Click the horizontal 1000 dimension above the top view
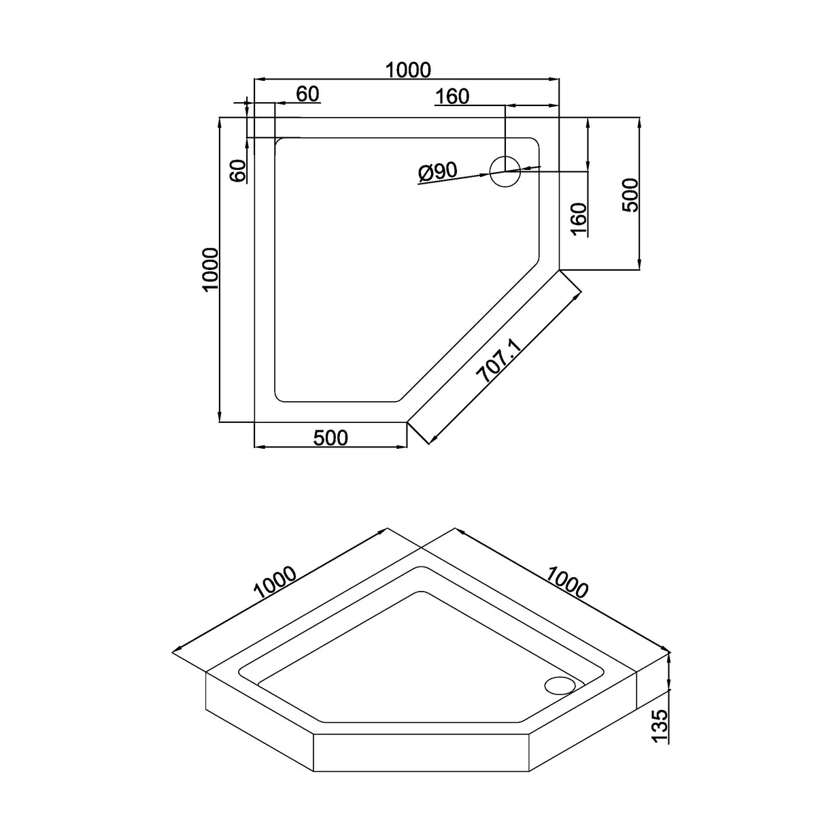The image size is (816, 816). coord(408,70)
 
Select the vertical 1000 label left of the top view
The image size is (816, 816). coord(210,269)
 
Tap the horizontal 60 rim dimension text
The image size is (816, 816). coord(307,94)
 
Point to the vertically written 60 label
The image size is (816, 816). coord(238,171)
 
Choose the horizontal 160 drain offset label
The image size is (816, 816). coord(452,97)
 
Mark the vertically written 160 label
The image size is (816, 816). coord(579,219)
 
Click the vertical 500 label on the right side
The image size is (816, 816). coord(630,194)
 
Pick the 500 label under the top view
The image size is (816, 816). coord(330,438)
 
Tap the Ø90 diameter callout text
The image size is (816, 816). coord(438,172)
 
